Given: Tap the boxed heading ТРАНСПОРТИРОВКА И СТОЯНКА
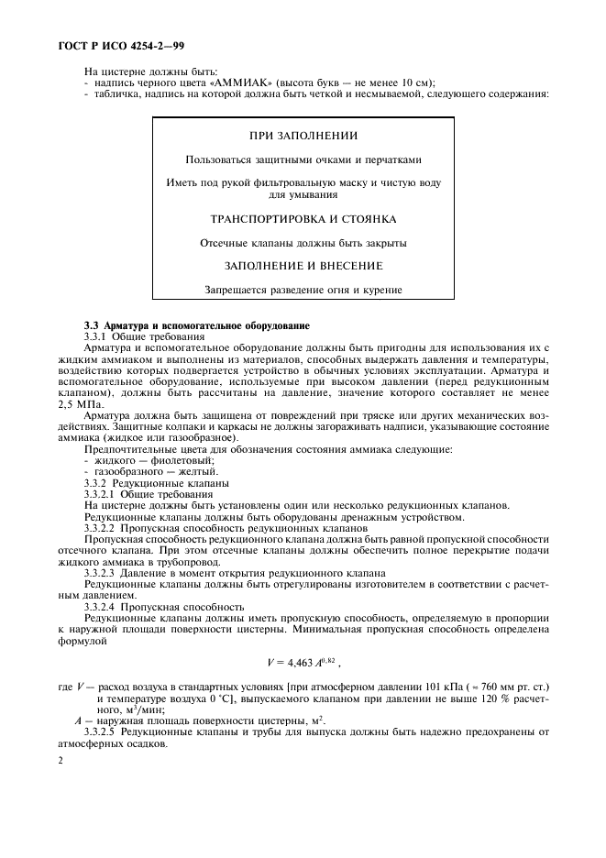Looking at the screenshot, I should [x=303, y=220].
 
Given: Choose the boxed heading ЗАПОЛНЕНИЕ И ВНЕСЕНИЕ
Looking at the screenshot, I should [x=303, y=266].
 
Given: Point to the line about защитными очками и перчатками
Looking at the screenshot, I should [x=303, y=159].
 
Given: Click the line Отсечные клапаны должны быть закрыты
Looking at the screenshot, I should [x=303, y=244].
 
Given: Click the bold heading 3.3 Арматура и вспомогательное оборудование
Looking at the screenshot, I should [x=197, y=325].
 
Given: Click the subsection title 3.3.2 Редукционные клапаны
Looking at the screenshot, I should [x=156, y=481].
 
